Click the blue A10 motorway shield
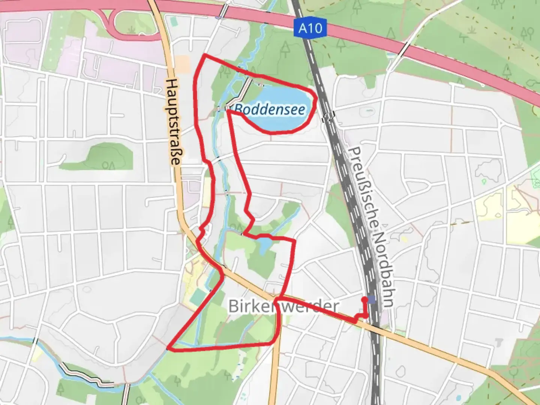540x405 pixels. (x=310, y=28)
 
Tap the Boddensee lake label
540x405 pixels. (x=270, y=109)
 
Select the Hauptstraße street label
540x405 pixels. (x=172, y=121)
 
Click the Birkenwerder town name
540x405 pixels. (x=283, y=306)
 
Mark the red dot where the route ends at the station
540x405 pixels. (x=364, y=299)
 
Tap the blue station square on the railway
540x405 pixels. (x=372, y=299)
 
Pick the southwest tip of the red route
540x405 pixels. (x=168, y=349)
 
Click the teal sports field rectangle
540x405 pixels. (x=197, y=298)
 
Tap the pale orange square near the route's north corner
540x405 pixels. (x=183, y=64)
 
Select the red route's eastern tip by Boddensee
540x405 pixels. (x=316, y=98)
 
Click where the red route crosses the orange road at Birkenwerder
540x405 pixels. (x=276, y=298)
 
